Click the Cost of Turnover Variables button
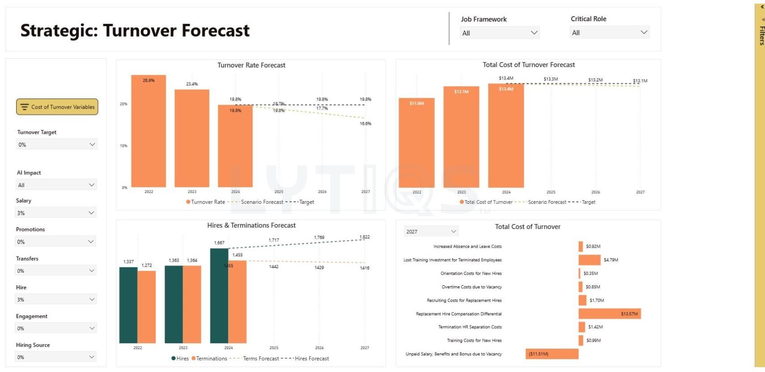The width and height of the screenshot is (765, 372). tap(57, 107)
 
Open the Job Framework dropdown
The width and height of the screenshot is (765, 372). tap(500, 33)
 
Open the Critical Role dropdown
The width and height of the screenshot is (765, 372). tap(609, 32)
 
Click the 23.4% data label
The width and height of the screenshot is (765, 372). tap(192, 84)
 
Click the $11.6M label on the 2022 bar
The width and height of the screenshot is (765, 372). tap(416, 103)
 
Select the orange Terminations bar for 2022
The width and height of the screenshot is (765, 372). tap(146, 307)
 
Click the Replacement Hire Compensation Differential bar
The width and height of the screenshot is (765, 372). tap(609, 314)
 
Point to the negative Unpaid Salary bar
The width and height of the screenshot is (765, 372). tap(552, 354)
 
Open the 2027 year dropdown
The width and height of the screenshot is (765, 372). tap(431, 231)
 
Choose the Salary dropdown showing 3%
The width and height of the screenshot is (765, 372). tap(56, 213)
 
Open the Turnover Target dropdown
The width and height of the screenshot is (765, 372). tap(56, 144)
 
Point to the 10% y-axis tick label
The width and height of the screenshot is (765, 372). tap(123, 146)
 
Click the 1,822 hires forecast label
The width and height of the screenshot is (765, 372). tap(365, 237)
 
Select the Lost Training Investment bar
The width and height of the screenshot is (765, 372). tap(589, 260)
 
